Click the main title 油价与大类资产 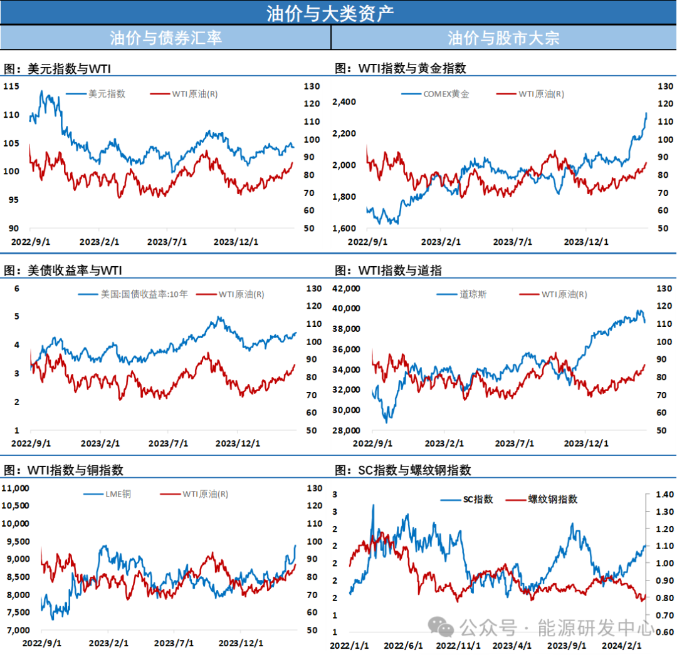pyautogui.click(x=330, y=13)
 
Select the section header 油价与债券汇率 pyautogui.click(x=165, y=38)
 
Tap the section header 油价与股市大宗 pyautogui.click(x=503, y=38)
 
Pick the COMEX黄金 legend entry pyautogui.click(x=446, y=94)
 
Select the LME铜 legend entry pyautogui.click(x=117, y=494)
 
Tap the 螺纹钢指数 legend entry pyautogui.click(x=552, y=499)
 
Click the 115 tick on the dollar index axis pyautogui.click(x=11, y=86)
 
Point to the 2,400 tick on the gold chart pyautogui.click(x=344, y=102)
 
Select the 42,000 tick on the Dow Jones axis pyautogui.click(x=346, y=288)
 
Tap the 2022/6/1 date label pyautogui.click(x=403, y=645)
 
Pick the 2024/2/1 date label pyautogui.click(x=622, y=645)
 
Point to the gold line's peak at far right pyautogui.click(x=646, y=113)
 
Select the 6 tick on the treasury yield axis pyautogui.click(x=18, y=288)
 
